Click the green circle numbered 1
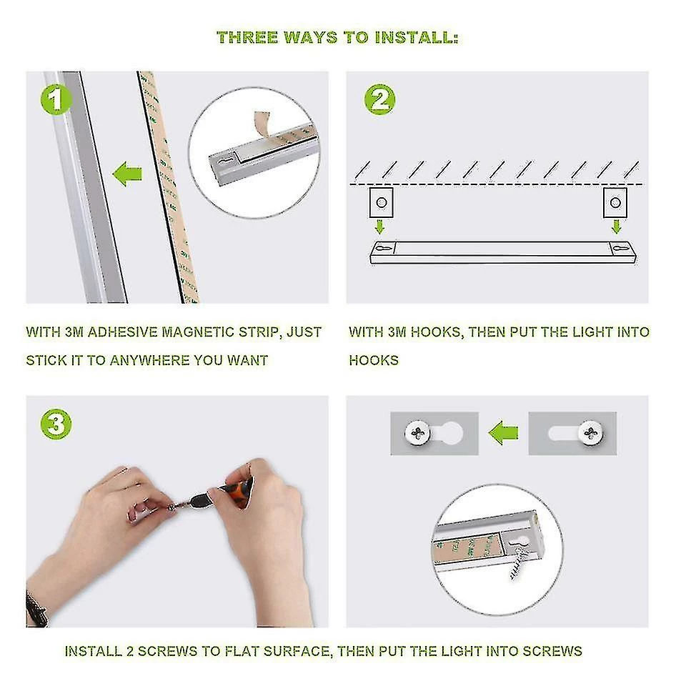click(56, 100)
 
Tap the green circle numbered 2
click(379, 100)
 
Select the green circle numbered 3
click(56, 424)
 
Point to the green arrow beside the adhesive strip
click(127, 174)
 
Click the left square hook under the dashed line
click(381, 202)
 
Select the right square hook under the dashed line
click(615, 202)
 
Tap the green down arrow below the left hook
click(379, 227)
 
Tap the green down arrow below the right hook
click(617, 227)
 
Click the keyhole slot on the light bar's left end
click(383, 248)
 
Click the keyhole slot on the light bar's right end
click(621, 248)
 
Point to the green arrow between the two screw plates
click(503, 433)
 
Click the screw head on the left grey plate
click(418, 433)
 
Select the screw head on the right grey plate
click(590, 433)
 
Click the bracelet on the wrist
click(36, 607)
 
